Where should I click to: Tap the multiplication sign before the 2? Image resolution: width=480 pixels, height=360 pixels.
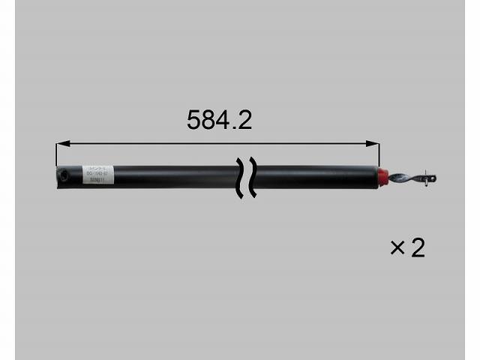[397, 247]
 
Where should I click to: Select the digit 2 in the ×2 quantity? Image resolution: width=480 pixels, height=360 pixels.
[417, 247]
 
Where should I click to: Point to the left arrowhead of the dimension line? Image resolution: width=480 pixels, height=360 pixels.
[61, 142]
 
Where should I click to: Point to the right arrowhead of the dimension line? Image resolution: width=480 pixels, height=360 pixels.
[375, 142]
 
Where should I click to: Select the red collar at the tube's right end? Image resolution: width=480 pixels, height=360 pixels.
[382, 176]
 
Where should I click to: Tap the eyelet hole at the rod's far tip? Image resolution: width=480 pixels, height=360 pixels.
[433, 178]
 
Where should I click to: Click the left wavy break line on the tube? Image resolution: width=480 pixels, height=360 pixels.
[240, 178]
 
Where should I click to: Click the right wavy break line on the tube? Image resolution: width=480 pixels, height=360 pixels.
[252, 178]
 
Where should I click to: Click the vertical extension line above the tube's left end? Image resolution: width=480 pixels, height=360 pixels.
[56, 154]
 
